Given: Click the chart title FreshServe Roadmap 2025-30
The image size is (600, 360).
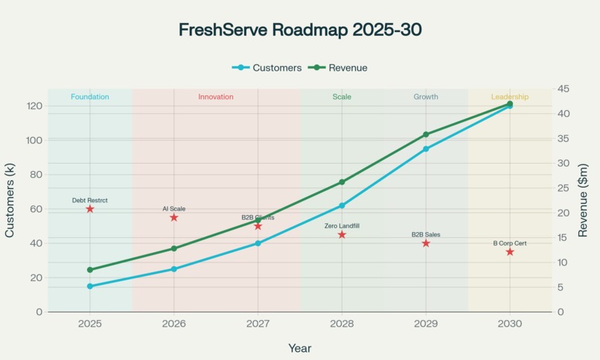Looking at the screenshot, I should click(x=300, y=30).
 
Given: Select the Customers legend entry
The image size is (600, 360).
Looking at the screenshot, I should click(x=268, y=68).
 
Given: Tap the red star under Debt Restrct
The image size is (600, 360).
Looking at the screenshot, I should click(x=90, y=209).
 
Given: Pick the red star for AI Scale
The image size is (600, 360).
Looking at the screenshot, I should click(x=174, y=217).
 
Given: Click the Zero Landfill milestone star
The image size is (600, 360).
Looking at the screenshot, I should click(x=342, y=234).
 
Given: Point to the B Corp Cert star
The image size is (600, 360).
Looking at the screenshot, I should click(x=510, y=251).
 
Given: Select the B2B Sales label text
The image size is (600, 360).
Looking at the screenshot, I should click(x=426, y=234).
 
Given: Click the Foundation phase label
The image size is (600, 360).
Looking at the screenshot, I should click(x=90, y=97).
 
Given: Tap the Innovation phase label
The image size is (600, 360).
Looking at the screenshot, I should click(x=216, y=97).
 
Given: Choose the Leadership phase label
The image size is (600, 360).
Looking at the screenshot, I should click(x=510, y=97).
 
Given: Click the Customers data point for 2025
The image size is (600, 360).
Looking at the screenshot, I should click(x=90, y=286).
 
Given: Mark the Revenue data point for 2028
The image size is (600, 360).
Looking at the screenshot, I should click(x=342, y=182).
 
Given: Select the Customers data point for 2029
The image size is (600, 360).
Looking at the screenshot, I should click(x=426, y=149).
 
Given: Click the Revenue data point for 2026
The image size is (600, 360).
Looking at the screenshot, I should click(x=174, y=248).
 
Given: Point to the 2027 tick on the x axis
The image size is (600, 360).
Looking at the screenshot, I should click(x=258, y=324).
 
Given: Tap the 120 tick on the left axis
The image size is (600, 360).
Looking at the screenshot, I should click(x=33, y=106).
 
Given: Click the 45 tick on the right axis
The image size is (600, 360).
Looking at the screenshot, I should click(x=564, y=89).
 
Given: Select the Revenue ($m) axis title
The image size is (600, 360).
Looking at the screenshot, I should click(x=584, y=201).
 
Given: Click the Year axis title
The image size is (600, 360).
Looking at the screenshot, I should click(x=300, y=348).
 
